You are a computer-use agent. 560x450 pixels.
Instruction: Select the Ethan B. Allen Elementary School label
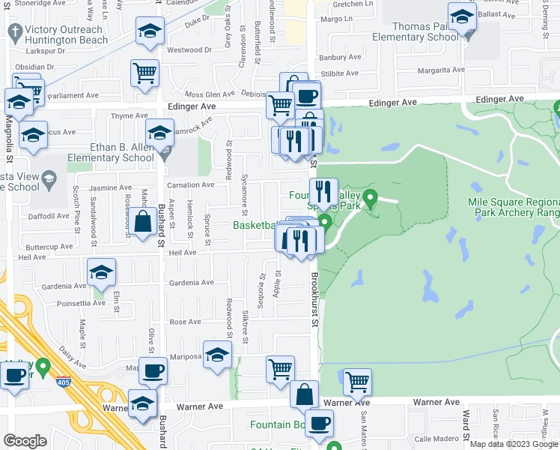[111, 153]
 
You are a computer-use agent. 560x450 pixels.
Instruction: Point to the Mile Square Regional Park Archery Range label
[514, 207]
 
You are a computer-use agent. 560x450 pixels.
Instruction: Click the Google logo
[25, 441]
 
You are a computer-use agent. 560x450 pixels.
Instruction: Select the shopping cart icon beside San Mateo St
[357, 382]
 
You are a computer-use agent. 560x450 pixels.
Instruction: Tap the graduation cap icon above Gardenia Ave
[102, 272]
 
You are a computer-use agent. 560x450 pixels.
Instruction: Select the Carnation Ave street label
[190, 184]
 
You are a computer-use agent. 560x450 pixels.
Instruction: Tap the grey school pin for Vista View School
[49, 178]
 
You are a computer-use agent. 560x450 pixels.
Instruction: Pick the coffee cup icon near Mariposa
[153, 370]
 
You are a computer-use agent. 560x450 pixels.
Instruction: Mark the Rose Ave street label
[185, 322]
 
